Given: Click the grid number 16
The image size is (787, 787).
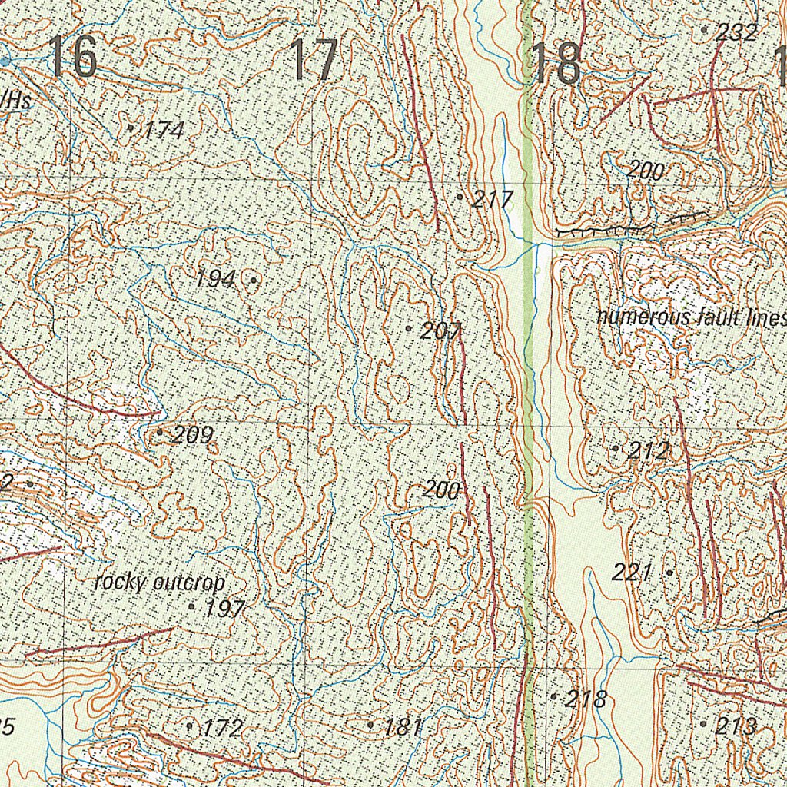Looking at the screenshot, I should [x=71, y=58].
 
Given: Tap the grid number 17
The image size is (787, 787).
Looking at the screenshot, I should [x=314, y=61].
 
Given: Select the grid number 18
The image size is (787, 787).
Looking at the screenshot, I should [x=556, y=64].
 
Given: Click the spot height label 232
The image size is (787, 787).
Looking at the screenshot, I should [x=736, y=32].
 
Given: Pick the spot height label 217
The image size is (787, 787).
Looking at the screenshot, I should [x=492, y=200].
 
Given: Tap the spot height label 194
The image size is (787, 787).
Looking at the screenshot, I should [x=214, y=279].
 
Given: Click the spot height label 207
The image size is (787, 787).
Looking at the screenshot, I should [x=441, y=332].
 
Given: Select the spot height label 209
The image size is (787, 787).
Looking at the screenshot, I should [x=191, y=436].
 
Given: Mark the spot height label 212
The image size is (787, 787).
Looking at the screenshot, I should [x=648, y=450].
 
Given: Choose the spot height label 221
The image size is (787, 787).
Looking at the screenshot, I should [x=632, y=572].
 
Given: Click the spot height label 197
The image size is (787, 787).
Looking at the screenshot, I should [x=225, y=609].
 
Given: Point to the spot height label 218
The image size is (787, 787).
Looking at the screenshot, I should [x=586, y=699].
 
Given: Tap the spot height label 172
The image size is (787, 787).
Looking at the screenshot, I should [x=223, y=728].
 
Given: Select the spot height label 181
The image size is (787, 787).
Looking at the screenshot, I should [x=403, y=727].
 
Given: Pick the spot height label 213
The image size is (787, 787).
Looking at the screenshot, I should [x=736, y=726].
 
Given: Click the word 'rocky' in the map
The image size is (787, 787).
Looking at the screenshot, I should [x=120, y=583].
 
